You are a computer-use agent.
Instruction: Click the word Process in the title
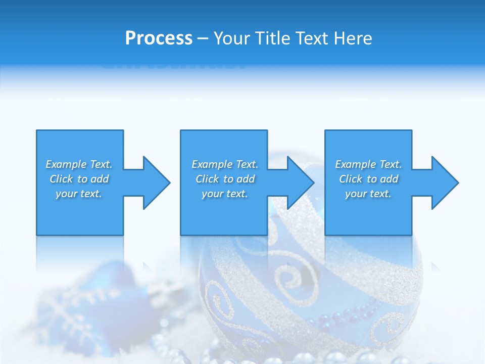pyautogui.click(x=159, y=38)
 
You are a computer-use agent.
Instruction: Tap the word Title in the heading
pyautogui.click(x=272, y=38)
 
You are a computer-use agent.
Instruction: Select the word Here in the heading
pyautogui.click(x=354, y=38)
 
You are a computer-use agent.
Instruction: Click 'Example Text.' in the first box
pyautogui.click(x=79, y=164)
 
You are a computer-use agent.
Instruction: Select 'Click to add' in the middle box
pyautogui.click(x=225, y=179)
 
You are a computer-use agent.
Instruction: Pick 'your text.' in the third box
pyautogui.click(x=368, y=194)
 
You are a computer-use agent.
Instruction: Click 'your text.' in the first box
pyautogui.click(x=79, y=194)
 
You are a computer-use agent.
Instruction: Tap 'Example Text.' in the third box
pyautogui.click(x=368, y=164)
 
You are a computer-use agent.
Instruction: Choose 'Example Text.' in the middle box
pyautogui.click(x=225, y=164)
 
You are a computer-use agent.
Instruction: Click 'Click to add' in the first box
pyautogui.click(x=79, y=179)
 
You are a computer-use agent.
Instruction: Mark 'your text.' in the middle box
pyautogui.click(x=225, y=194)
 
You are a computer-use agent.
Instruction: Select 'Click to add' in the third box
pyautogui.click(x=368, y=179)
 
